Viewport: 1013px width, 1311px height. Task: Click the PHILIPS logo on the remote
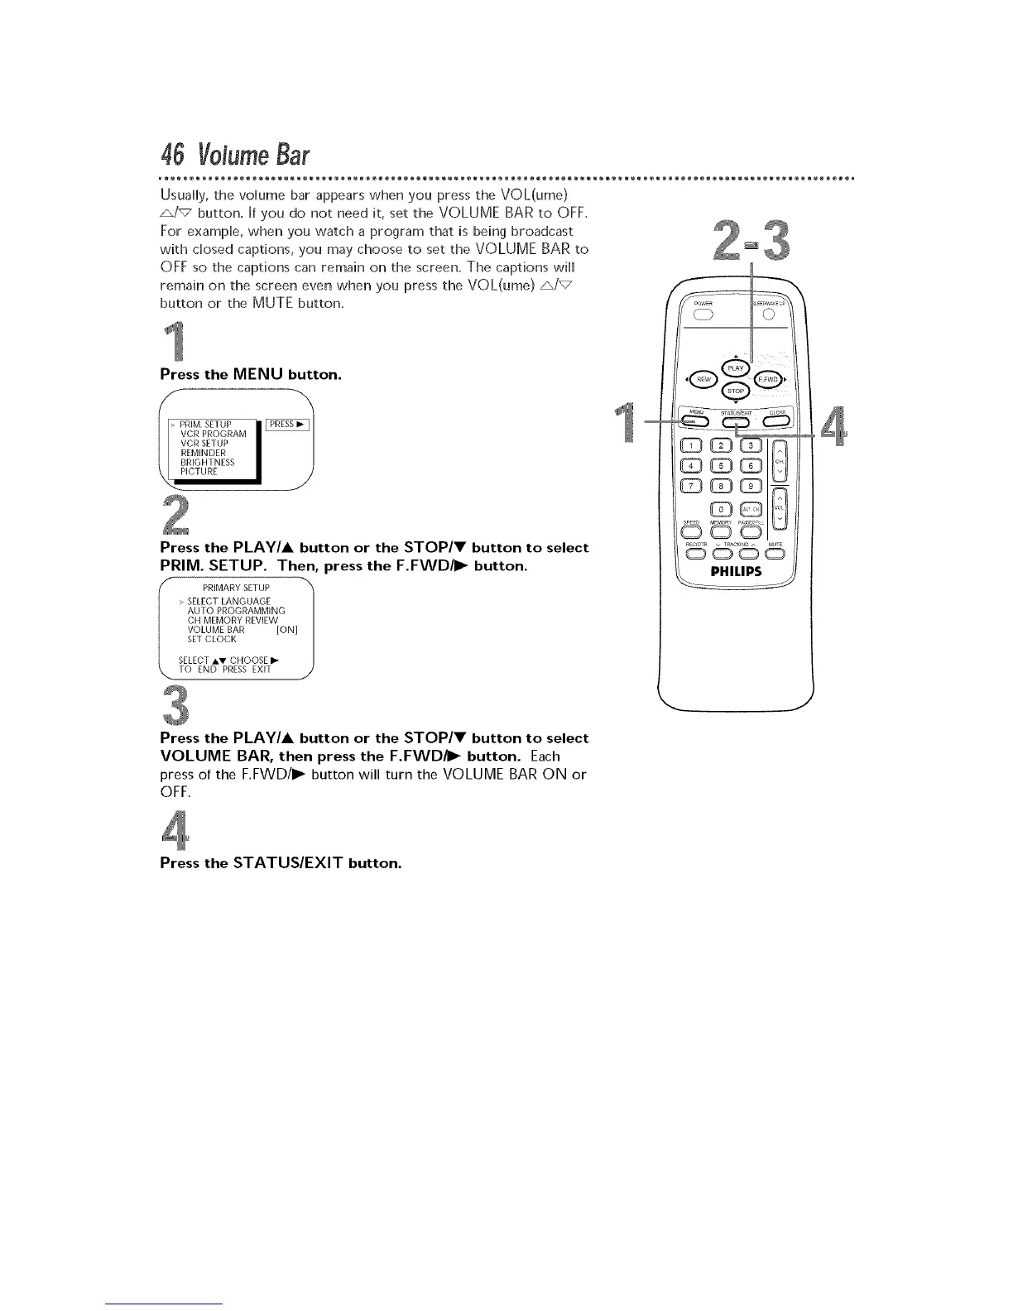735,571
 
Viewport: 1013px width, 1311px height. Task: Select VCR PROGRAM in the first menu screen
213,434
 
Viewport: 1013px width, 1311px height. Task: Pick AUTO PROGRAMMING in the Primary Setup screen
224,610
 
